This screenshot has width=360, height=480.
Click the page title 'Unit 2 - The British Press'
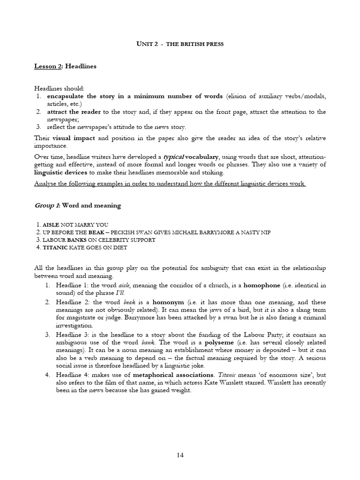pos(180,44)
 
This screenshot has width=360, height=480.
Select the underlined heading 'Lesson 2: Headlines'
pos(65,66)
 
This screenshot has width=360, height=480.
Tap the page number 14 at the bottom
pos(180,454)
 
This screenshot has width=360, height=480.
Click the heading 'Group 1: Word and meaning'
pos(77,205)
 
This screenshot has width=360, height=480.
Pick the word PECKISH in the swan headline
pos(139,232)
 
